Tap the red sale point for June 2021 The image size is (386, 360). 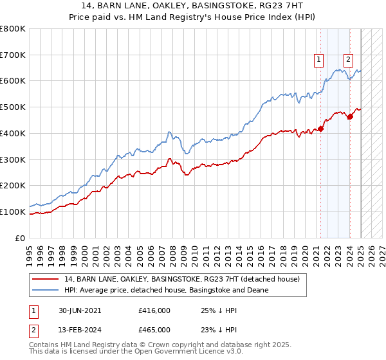pyautogui.click(x=320, y=129)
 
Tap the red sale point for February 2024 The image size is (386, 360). pyautogui.click(x=350, y=116)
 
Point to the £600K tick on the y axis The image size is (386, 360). pyautogui.click(x=14, y=81)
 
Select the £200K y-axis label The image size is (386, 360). pyautogui.click(x=14, y=185)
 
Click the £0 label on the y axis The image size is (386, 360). pyautogui.click(x=21, y=238)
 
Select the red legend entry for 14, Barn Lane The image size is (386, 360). pyautogui.click(x=182, y=280)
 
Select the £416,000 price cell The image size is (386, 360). pyautogui.click(x=154, y=310)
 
